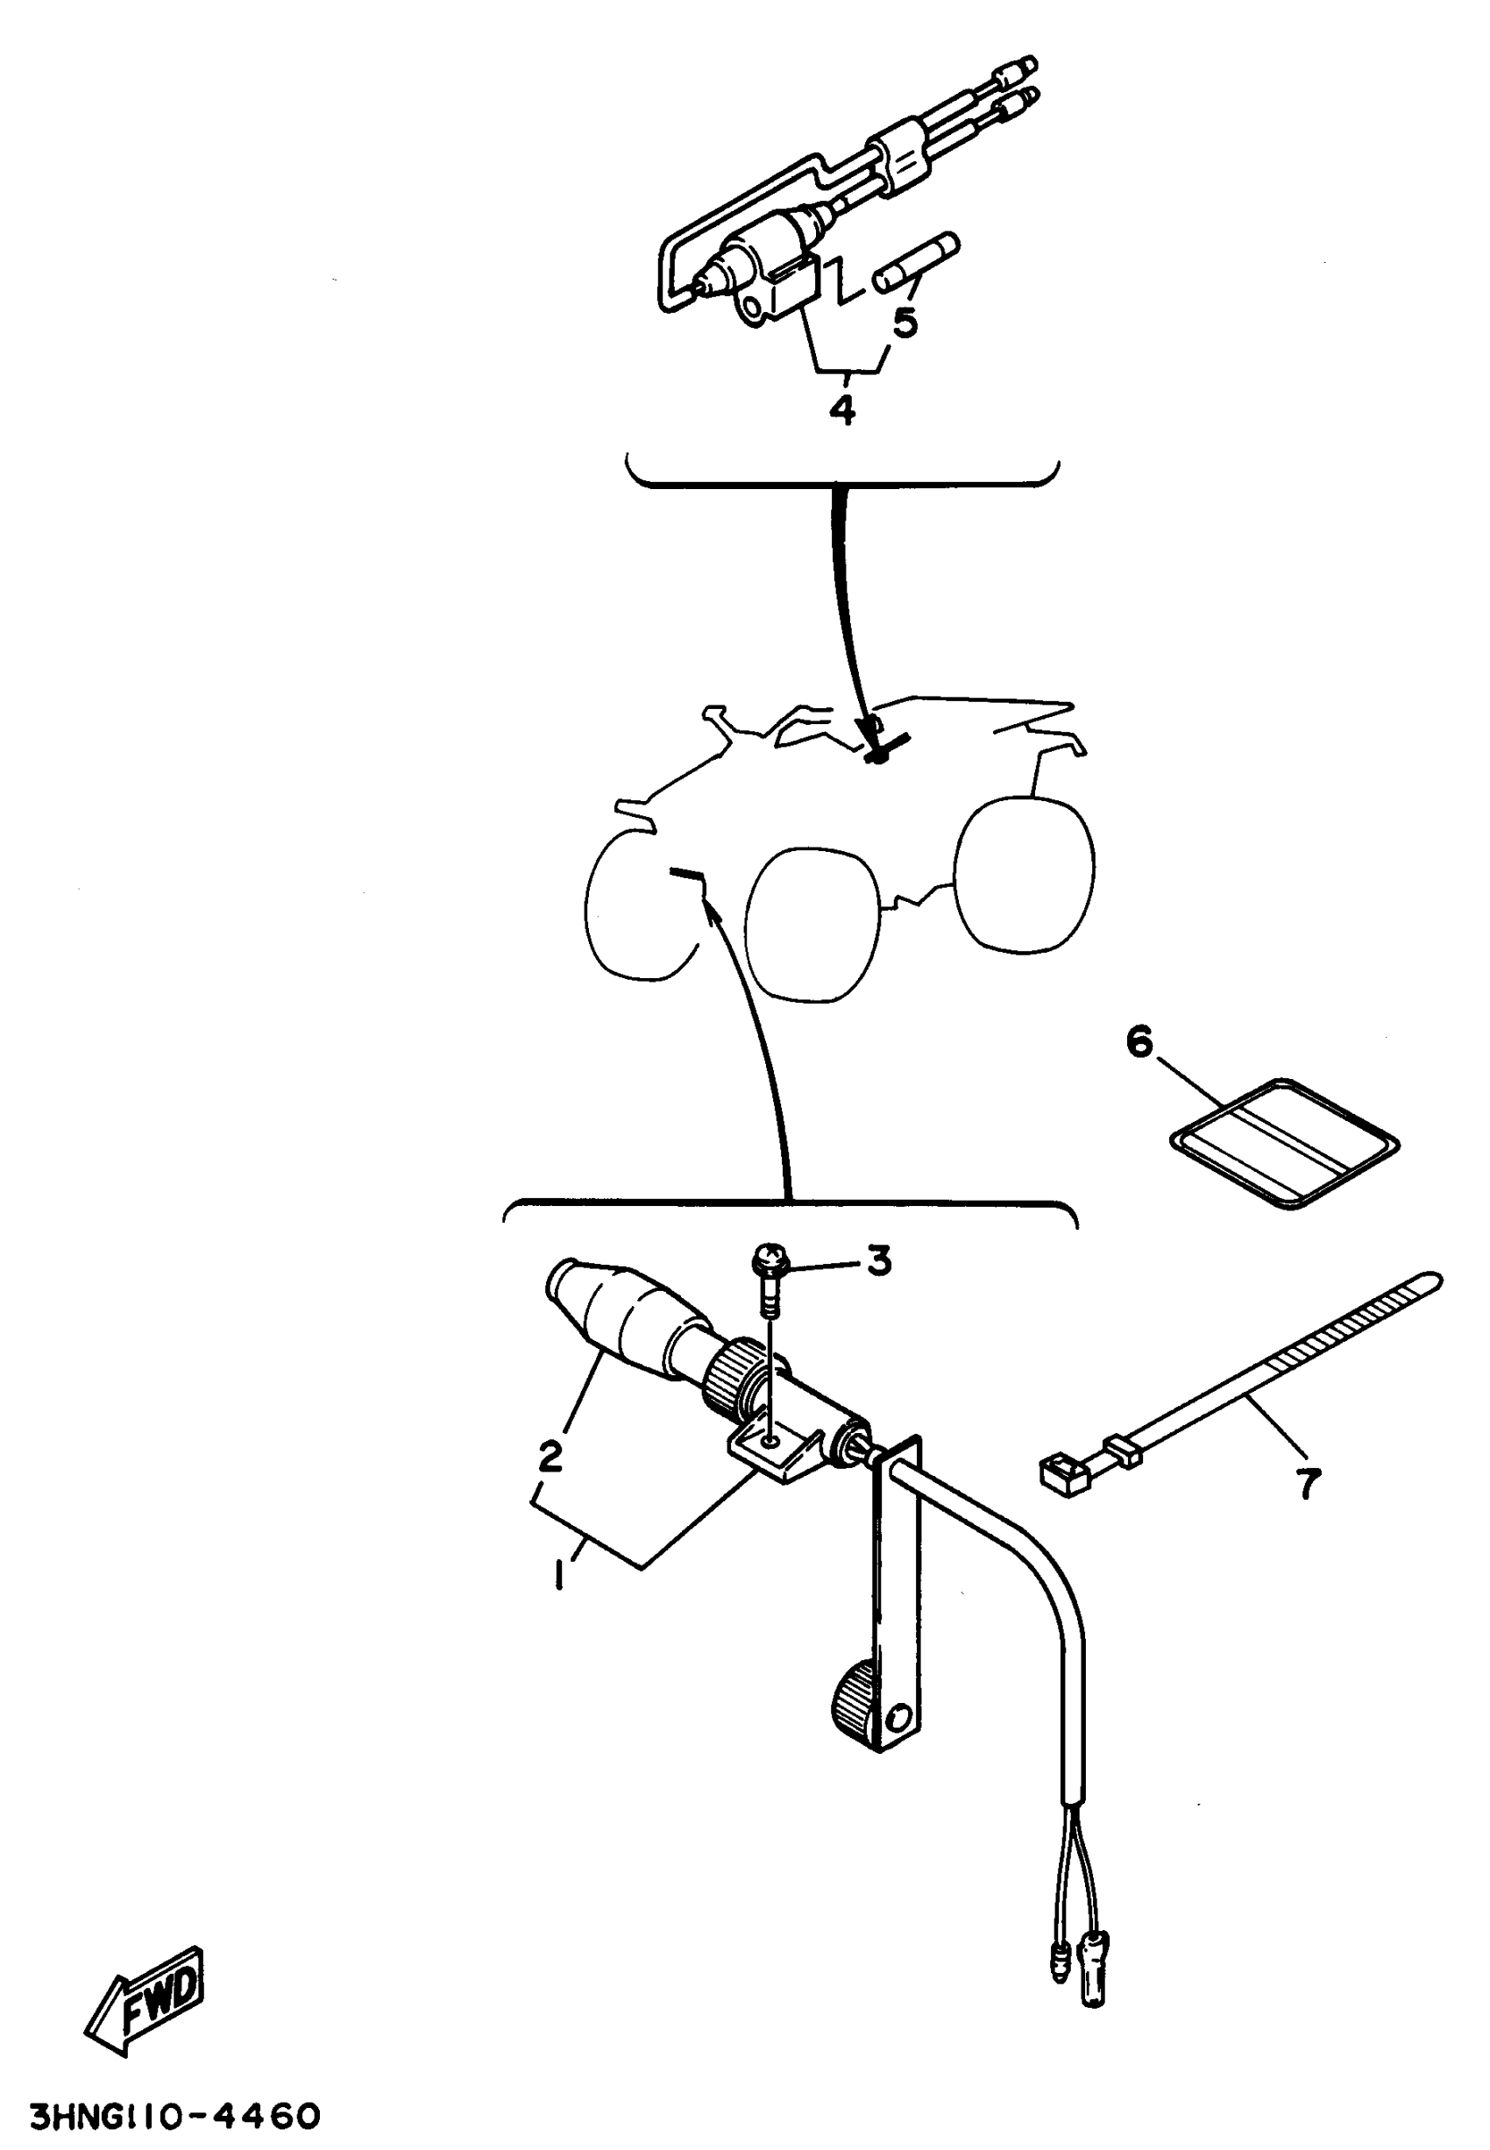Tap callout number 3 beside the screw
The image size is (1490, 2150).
tap(878, 1261)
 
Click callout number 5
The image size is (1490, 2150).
tap(905, 322)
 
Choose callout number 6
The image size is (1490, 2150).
tap(1140, 1042)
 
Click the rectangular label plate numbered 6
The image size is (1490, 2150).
tap(1285, 1145)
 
